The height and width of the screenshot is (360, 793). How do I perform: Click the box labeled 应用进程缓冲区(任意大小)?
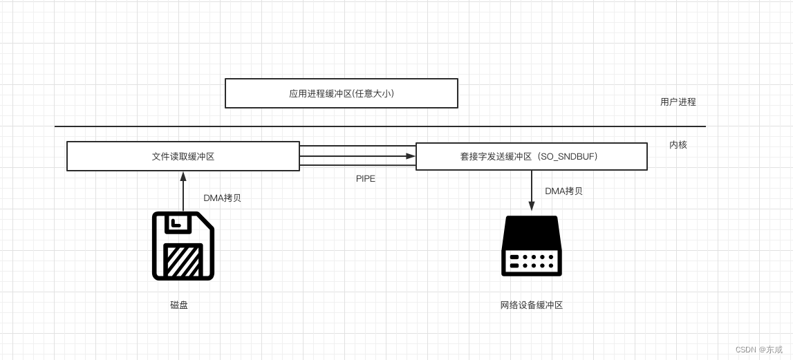point(342,93)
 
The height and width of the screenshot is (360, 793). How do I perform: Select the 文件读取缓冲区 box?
point(183,156)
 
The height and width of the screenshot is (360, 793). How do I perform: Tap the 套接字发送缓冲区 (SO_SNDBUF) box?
point(531,156)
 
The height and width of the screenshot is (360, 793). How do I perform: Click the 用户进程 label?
point(678,102)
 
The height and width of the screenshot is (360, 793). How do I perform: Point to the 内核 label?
point(678,144)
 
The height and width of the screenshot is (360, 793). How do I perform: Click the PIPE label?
point(366,178)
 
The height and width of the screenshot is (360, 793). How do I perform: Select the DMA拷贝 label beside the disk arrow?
point(222,198)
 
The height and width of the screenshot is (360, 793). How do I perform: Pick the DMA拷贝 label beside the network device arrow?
point(563,191)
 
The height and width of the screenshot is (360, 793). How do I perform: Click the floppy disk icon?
point(183,245)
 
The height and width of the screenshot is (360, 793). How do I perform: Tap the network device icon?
point(531,245)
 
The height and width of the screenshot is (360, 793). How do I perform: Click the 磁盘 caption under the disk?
point(179,305)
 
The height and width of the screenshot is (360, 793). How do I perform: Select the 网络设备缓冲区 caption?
point(531,305)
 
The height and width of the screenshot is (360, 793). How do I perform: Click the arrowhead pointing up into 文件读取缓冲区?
point(183,176)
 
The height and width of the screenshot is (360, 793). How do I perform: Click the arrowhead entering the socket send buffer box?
point(411,156)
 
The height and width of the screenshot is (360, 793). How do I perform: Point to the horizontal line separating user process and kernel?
point(380,126)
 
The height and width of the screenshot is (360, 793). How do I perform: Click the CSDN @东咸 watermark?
point(758,350)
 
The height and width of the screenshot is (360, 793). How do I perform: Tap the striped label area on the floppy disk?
point(183,260)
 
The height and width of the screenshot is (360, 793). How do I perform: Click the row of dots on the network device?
point(538,260)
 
